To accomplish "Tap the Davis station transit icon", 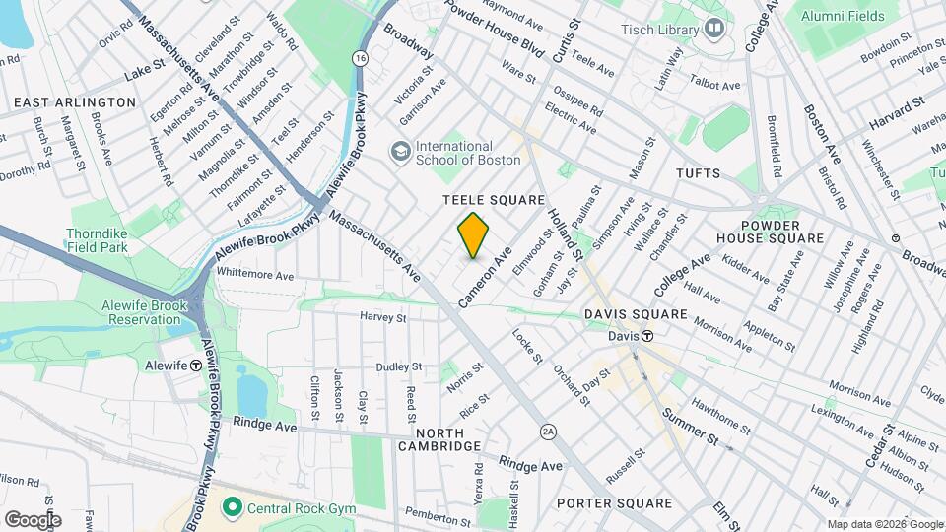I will tap(647, 336).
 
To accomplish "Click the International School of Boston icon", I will tap(401, 150).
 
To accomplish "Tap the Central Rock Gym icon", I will tap(233, 508).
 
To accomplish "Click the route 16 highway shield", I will tap(361, 59).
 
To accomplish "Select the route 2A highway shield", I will tap(549, 432).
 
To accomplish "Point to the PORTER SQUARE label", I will tap(614, 503).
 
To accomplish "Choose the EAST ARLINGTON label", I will tap(75, 102).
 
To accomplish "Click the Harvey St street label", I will tap(383, 317).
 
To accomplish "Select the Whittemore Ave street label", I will tap(255, 276).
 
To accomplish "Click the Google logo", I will tap(33, 520).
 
